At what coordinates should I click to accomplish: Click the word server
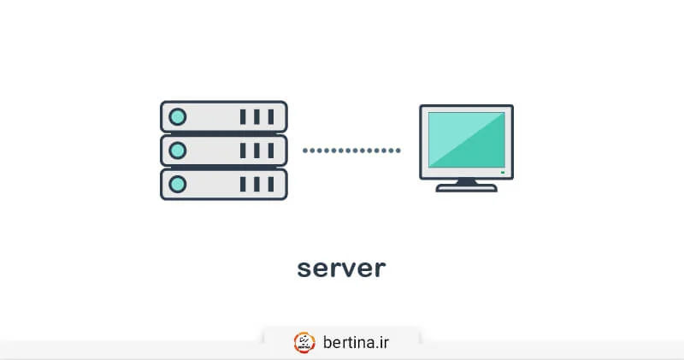pyautogui.click(x=341, y=269)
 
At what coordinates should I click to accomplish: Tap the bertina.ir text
pyautogui.click(x=356, y=342)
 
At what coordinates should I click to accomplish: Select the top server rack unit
pyautogui.click(x=224, y=116)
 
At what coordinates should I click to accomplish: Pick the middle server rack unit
pyautogui.click(x=224, y=150)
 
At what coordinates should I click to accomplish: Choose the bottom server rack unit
pyautogui.click(x=224, y=184)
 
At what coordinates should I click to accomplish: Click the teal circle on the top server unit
pyautogui.click(x=178, y=116)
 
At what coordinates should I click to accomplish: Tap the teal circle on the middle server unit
pyautogui.click(x=178, y=150)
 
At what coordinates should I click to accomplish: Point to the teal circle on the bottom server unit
pyautogui.click(x=178, y=184)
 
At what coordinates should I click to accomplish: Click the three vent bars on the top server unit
pyautogui.click(x=256, y=116)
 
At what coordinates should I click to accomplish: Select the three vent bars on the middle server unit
pyautogui.click(x=256, y=150)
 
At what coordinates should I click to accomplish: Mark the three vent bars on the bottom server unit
pyautogui.click(x=256, y=184)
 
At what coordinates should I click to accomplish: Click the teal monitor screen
pyautogui.click(x=466, y=139)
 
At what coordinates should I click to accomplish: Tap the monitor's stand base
pyautogui.click(x=466, y=188)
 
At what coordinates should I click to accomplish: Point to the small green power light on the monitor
pyautogui.click(x=503, y=174)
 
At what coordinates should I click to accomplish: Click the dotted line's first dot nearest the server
pyautogui.click(x=305, y=150)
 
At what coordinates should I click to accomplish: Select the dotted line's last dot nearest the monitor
pyautogui.click(x=398, y=150)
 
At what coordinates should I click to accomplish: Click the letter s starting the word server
pyautogui.click(x=304, y=269)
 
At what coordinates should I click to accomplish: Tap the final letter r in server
pyautogui.click(x=380, y=269)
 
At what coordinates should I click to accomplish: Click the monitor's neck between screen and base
pyautogui.click(x=466, y=181)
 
